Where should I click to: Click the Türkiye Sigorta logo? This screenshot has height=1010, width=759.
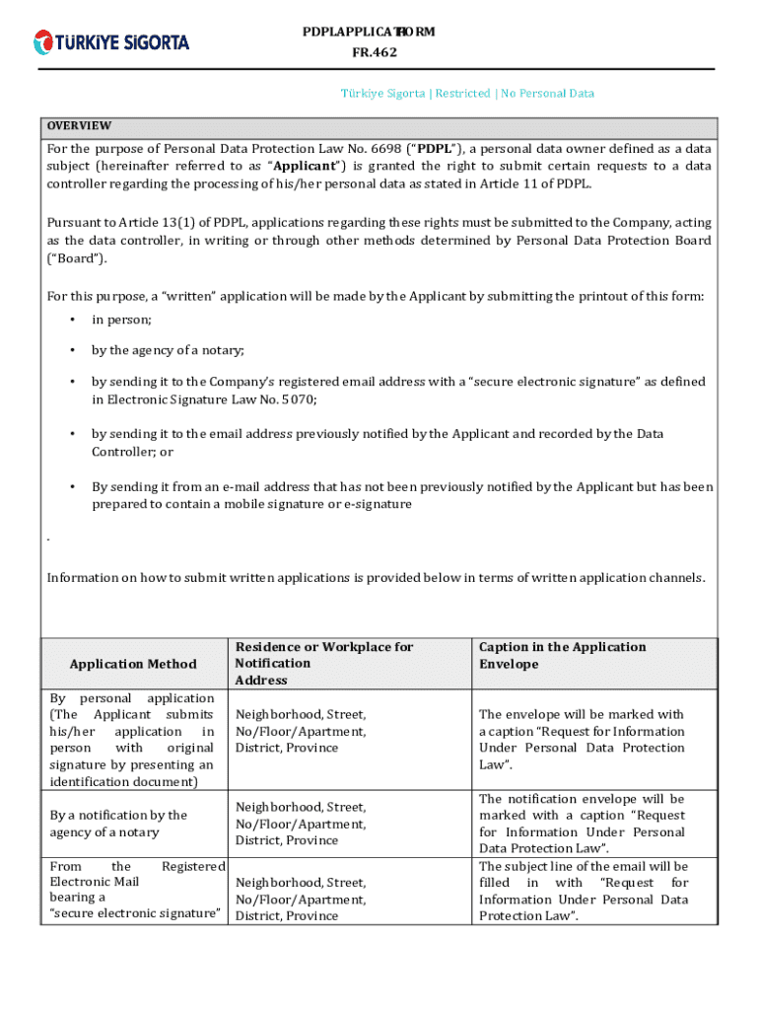pyautogui.click(x=111, y=42)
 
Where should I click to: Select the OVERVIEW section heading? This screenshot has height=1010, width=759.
pyautogui.click(x=80, y=126)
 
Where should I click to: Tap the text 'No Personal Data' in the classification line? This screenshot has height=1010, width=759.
pyautogui.click(x=547, y=94)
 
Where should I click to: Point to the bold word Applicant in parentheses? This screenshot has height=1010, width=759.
pyautogui.click(x=307, y=166)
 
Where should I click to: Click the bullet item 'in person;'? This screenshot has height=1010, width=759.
pyautogui.click(x=121, y=320)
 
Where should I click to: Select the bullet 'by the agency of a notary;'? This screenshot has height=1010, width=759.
pyautogui.click(x=168, y=350)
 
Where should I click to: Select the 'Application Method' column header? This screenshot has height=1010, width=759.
pyautogui.click(x=133, y=664)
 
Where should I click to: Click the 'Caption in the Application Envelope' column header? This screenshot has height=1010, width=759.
pyautogui.click(x=562, y=656)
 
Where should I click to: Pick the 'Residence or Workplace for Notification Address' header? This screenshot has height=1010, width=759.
pyautogui.click(x=324, y=664)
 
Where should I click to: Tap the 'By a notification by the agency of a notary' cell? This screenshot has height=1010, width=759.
pyautogui.click(x=118, y=824)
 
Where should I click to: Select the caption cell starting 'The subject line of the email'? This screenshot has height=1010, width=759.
pyautogui.click(x=584, y=891)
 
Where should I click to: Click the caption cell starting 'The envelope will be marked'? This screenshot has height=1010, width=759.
pyautogui.click(x=582, y=740)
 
